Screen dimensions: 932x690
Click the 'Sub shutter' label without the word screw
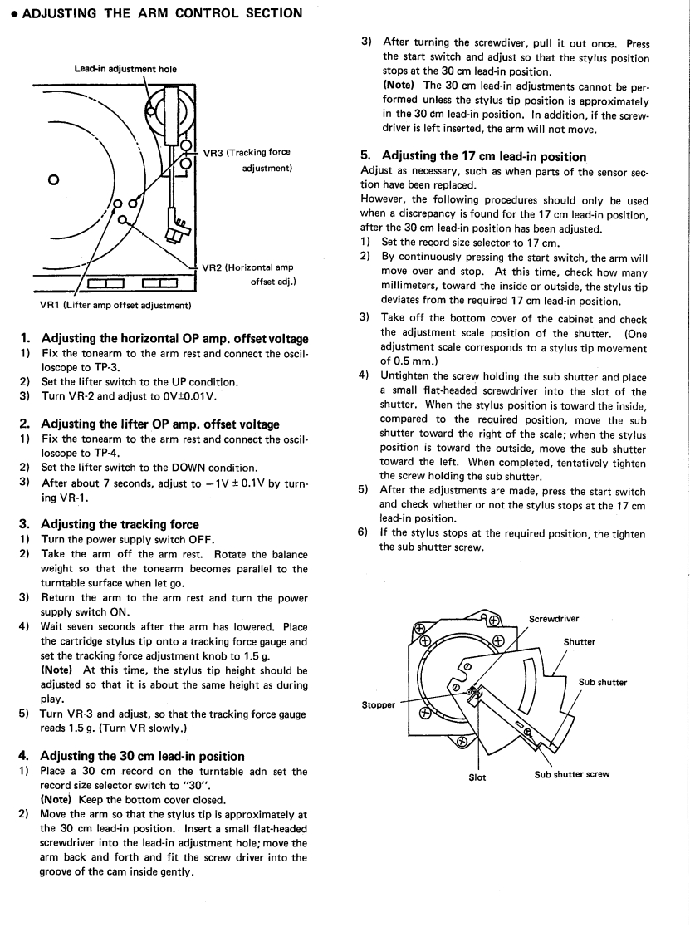tap(602, 683)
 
